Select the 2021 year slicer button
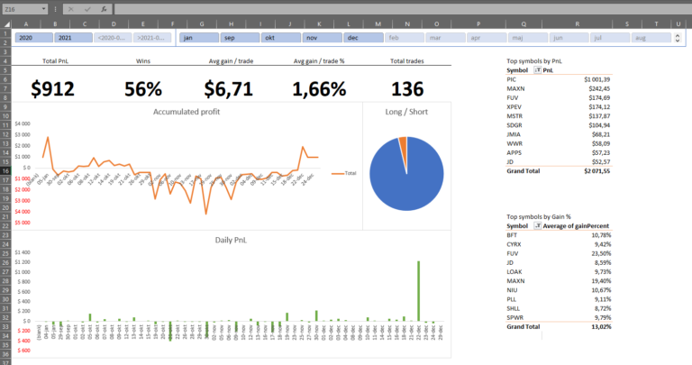click(72, 38)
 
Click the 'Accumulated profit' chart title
click(187, 111)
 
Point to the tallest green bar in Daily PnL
click(418, 289)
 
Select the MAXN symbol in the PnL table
click(516, 88)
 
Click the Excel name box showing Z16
click(23, 8)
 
